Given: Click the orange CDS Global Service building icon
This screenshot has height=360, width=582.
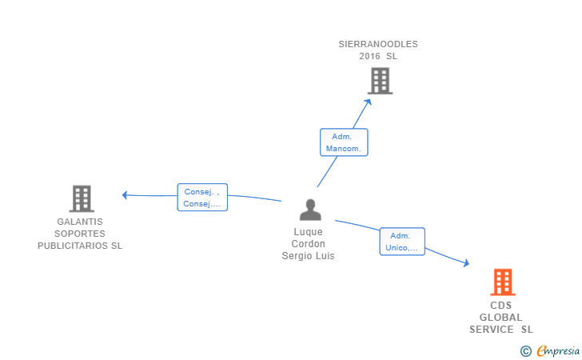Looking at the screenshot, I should tap(502, 282).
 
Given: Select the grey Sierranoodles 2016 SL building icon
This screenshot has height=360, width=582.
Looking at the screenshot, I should tap(380, 80).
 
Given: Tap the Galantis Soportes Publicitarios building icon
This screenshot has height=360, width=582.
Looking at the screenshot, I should tap(81, 198).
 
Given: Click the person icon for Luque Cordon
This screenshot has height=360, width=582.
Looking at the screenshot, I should tap(309, 210).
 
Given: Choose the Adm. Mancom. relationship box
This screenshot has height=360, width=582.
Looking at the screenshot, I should tap(344, 142).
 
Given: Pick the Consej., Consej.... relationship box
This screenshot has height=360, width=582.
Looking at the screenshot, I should tap(202, 198).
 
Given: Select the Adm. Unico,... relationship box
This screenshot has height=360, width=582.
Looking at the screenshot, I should tap(401, 242).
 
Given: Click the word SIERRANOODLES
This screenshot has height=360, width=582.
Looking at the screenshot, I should tap(378, 45).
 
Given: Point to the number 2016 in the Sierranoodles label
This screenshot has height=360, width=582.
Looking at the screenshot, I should tap(369, 57).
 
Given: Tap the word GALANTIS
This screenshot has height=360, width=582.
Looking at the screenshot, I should tap(80, 222).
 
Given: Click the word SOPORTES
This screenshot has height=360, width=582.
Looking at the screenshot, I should tap(80, 234).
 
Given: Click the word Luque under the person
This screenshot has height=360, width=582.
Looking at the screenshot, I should tap(308, 232).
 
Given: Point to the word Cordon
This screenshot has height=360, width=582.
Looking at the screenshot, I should tap(308, 244).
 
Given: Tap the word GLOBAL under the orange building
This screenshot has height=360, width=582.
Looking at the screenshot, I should tap(500, 318).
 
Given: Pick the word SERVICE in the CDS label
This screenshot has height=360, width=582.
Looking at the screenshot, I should tap(492, 330).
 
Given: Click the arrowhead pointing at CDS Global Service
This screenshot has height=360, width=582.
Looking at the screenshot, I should tap(466, 263).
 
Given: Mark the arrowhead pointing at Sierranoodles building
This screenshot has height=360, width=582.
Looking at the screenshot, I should tap(369, 101).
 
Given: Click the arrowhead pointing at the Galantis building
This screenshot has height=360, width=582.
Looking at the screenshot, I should tap(125, 195).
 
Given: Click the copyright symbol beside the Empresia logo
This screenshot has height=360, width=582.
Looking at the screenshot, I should tap(525, 350).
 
